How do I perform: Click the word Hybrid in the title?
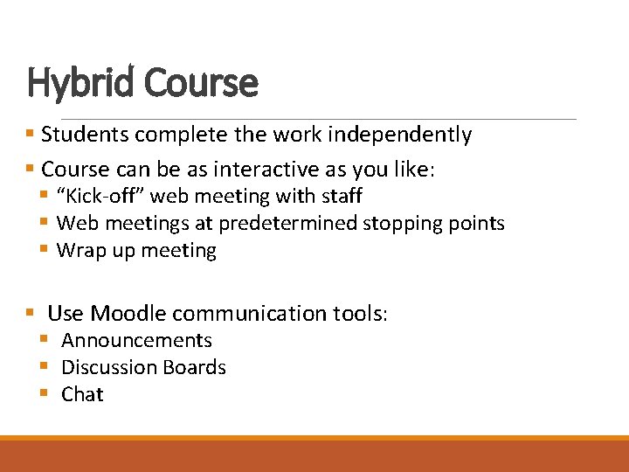(x=81, y=84)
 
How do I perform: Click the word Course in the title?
(x=202, y=84)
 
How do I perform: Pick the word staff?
(x=342, y=196)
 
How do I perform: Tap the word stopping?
(x=398, y=224)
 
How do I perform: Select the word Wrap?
(x=77, y=251)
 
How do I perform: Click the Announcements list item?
(x=136, y=341)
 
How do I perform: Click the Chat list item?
(x=82, y=395)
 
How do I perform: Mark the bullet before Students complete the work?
(x=30, y=135)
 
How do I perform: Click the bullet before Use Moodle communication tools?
(x=30, y=312)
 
